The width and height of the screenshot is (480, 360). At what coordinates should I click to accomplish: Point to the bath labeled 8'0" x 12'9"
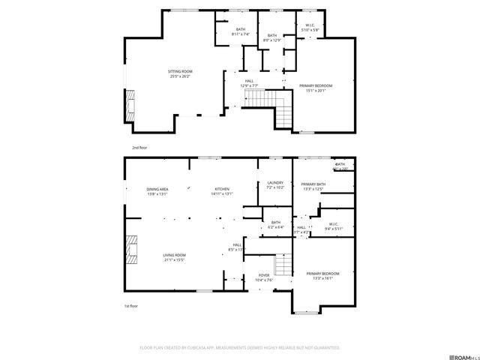(271, 37)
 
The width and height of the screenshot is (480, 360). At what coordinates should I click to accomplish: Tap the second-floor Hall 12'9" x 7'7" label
(248, 84)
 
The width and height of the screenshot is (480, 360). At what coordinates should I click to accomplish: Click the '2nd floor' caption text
(139, 148)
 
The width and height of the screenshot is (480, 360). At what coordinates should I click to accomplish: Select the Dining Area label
(157, 191)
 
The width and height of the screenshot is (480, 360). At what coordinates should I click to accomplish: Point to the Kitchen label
(222, 191)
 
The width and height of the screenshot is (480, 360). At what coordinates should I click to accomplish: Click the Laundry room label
(274, 185)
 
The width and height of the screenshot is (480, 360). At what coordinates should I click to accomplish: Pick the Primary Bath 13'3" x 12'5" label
(313, 187)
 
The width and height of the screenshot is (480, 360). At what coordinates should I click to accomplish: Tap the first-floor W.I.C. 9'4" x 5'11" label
(332, 226)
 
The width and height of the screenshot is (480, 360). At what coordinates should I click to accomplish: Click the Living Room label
(175, 257)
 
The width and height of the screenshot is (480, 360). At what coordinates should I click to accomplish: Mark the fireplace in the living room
(132, 249)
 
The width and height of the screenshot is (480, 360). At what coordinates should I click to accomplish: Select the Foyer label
(264, 277)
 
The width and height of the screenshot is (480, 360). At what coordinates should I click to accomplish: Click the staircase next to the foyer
(283, 265)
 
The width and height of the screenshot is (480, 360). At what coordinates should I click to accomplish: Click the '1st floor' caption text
(132, 306)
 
